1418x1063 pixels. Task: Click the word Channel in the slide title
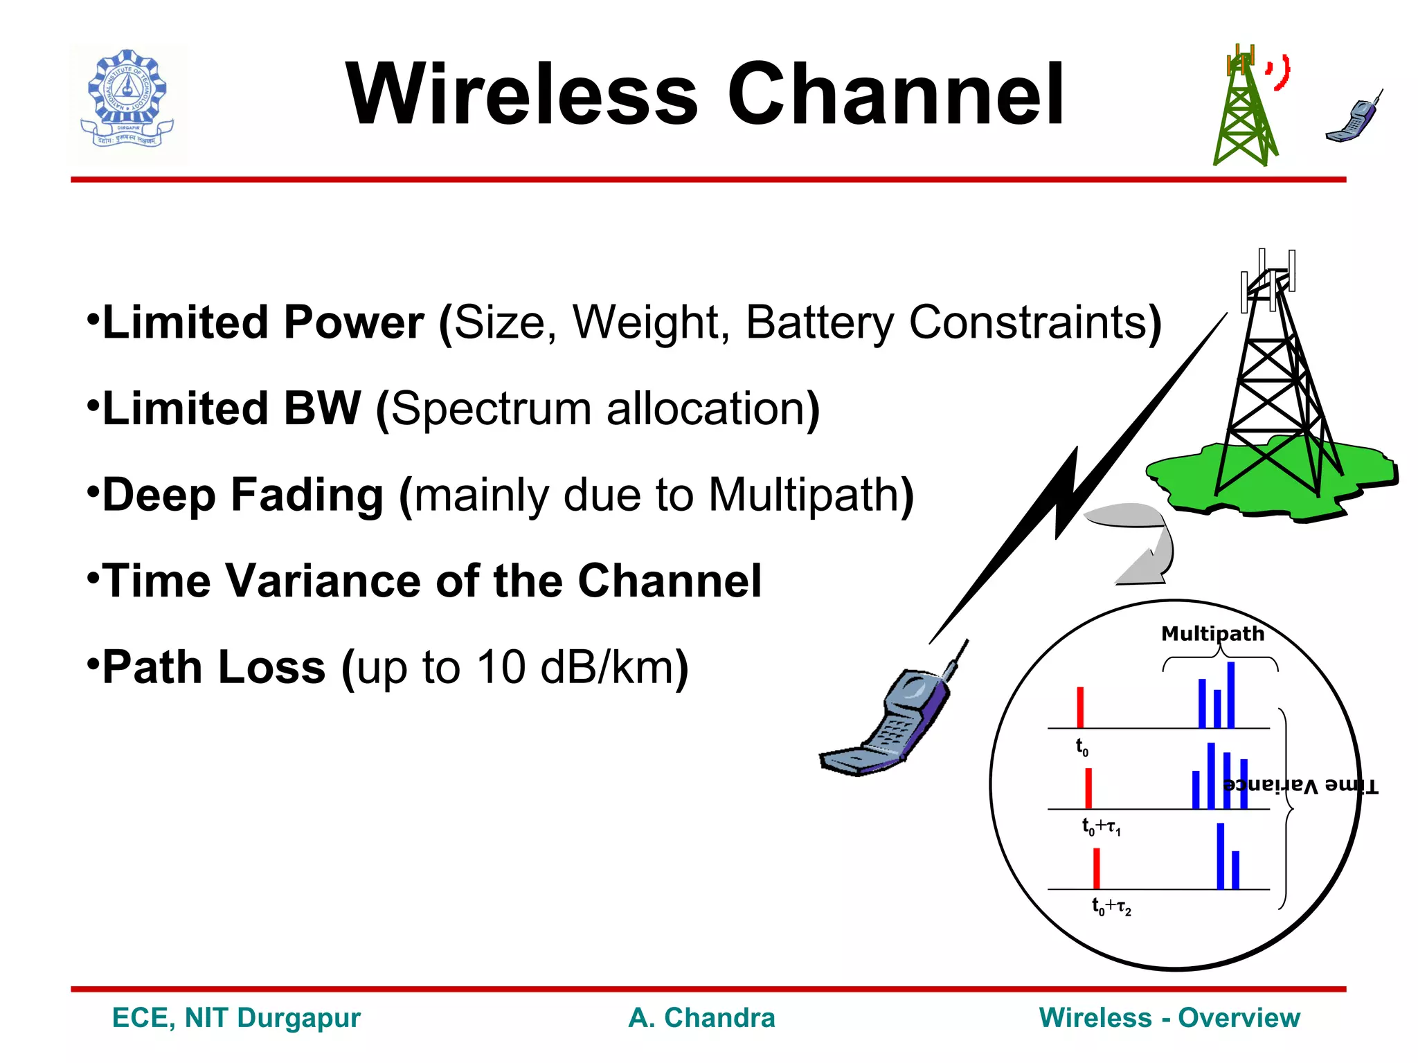895,95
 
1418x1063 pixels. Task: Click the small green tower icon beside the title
1244,107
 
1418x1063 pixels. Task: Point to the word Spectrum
490,409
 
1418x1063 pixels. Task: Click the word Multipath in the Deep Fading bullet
803,496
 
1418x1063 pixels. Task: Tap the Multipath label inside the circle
1212,634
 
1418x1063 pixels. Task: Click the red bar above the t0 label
1080,707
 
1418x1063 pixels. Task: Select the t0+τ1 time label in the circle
1101,826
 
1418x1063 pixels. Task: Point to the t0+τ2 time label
1111,906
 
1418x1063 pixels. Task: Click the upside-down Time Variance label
1300,785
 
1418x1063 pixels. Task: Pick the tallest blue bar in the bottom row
1220,856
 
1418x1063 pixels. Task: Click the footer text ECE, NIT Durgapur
236,1018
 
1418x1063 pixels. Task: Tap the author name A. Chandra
701,1018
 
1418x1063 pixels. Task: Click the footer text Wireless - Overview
1169,1018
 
